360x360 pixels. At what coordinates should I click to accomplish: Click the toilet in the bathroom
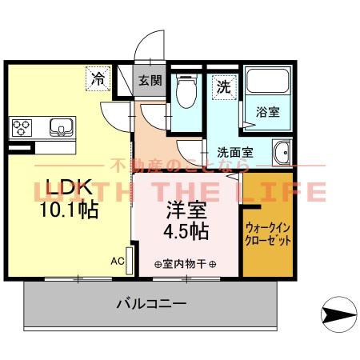click(x=186, y=91)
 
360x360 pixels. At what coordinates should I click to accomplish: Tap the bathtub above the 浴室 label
click(x=268, y=81)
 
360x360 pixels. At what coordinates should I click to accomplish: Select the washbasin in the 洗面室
click(x=282, y=152)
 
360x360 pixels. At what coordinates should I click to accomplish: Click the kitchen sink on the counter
click(x=62, y=127)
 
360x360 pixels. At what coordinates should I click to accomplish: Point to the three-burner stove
click(x=22, y=128)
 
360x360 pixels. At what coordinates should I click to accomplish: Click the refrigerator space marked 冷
click(x=98, y=78)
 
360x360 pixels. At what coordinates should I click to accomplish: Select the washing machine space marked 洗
click(x=224, y=87)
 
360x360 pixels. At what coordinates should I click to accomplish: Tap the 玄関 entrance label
click(x=150, y=80)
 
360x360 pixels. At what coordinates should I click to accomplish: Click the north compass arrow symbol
click(x=339, y=314)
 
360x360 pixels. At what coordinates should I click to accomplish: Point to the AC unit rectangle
click(x=130, y=261)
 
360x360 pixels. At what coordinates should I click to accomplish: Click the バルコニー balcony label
click(x=151, y=303)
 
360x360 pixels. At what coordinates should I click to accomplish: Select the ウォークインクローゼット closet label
click(x=268, y=234)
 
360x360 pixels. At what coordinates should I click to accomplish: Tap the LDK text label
click(x=70, y=186)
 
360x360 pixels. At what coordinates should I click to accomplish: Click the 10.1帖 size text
click(x=69, y=210)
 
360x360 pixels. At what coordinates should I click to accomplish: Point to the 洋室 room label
click(x=186, y=210)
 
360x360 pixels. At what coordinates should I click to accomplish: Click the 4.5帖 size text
click(x=186, y=231)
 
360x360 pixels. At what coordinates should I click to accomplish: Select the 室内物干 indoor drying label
click(x=185, y=264)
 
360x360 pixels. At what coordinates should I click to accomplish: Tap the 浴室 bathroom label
click(x=268, y=112)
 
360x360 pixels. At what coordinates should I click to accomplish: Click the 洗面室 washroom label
click(x=235, y=153)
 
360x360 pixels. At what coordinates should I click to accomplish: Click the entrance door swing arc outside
click(x=146, y=40)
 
